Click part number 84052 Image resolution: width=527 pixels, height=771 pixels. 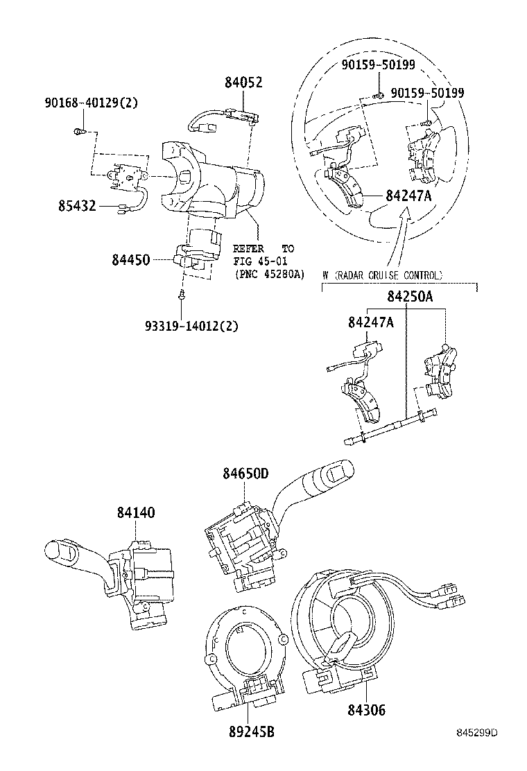click(243, 82)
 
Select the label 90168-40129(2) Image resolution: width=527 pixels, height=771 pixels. click(91, 103)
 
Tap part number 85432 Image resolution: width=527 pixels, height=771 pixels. click(77, 206)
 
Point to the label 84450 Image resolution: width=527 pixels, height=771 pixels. click(131, 259)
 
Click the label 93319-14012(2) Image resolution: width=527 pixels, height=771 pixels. click(191, 326)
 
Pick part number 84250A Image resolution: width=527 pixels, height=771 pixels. click(410, 297)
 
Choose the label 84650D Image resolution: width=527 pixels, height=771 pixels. click(245, 474)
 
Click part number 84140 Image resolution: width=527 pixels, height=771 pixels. click(136, 512)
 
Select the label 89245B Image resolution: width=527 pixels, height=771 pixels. click(251, 732)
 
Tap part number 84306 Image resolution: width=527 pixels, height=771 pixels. click(367, 710)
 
